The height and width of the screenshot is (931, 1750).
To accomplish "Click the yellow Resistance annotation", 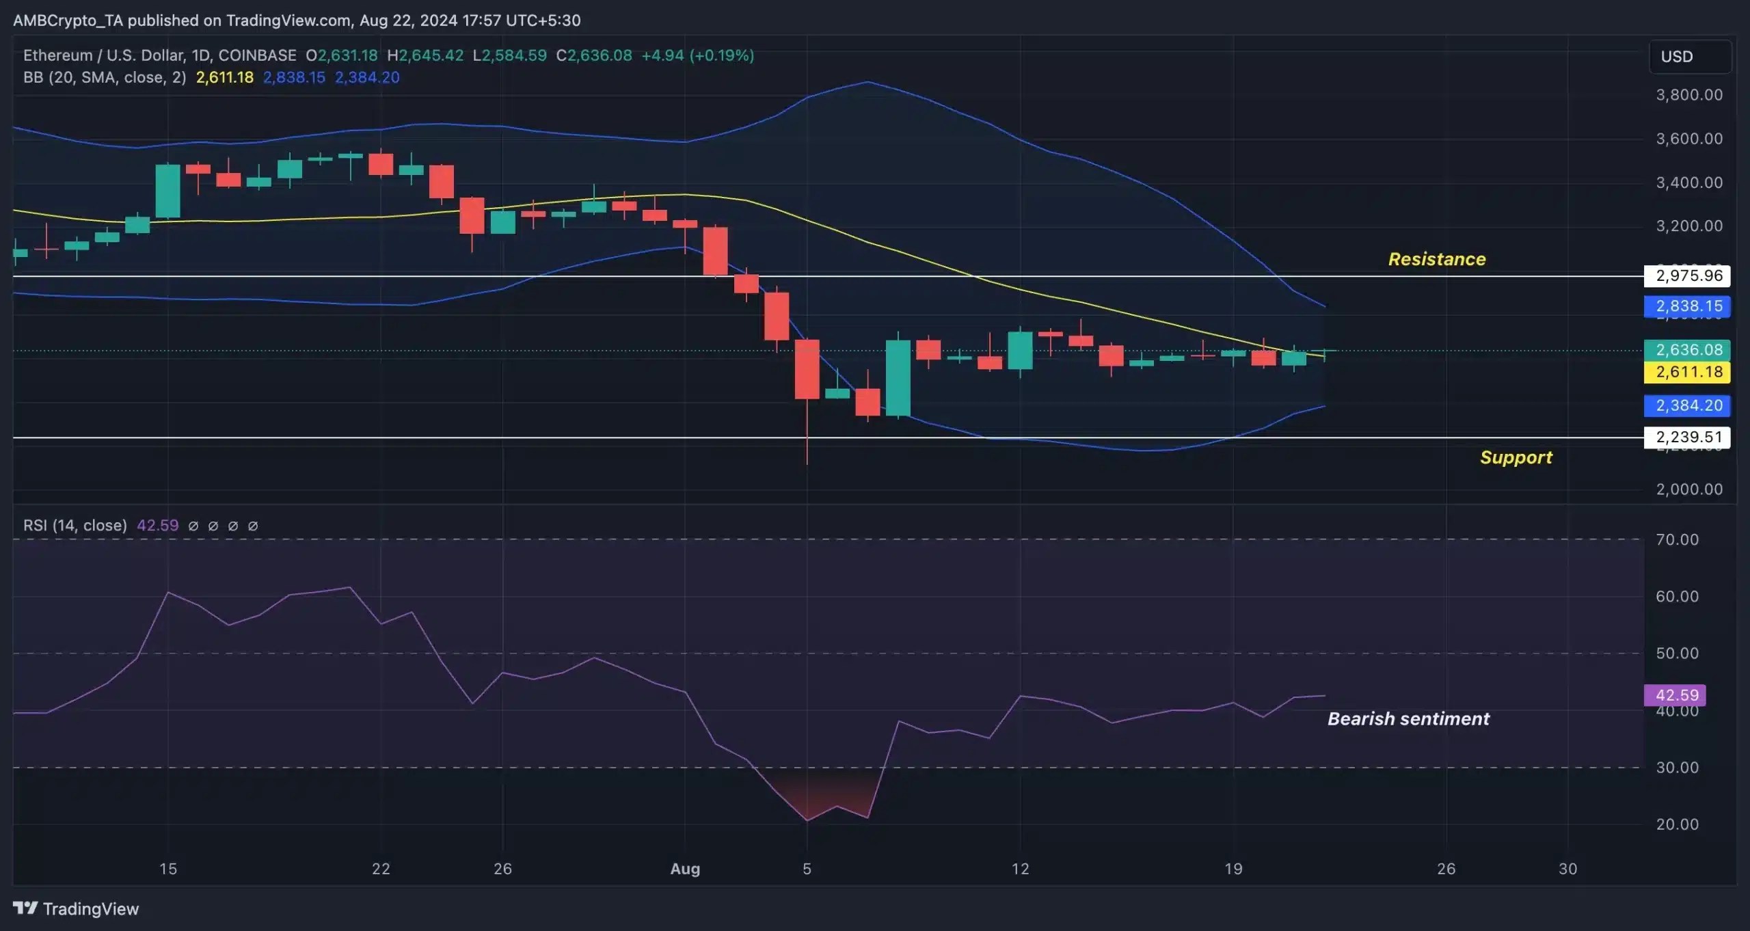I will click(x=1436, y=259).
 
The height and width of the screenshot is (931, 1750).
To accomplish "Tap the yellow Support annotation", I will click(x=1516, y=457).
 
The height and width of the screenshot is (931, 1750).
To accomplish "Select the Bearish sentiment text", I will click(x=1408, y=718).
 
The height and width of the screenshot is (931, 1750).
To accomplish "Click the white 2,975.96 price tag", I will click(x=1686, y=275).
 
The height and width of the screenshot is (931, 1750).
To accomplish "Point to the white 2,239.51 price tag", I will click(x=1686, y=437).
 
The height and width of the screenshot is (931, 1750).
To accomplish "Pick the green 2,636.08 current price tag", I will click(x=1686, y=350).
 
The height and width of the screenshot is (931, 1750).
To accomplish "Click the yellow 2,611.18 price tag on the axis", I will click(x=1686, y=372).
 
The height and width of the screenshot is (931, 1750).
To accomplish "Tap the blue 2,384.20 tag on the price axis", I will click(x=1686, y=405).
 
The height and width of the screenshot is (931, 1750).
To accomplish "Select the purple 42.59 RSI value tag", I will click(x=1675, y=695).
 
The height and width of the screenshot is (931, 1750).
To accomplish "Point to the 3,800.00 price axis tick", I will click(x=1688, y=95).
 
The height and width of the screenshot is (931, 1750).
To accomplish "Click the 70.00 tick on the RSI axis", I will click(x=1677, y=540).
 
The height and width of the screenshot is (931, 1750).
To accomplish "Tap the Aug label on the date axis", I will click(x=685, y=869).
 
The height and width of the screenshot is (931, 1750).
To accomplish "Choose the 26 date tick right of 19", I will click(x=1446, y=869).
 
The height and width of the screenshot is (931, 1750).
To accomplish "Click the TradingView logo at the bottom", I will click(x=76, y=908).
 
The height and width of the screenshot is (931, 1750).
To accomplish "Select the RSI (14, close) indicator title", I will click(x=75, y=526).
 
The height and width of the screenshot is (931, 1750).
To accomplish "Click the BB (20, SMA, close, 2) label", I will click(x=105, y=77).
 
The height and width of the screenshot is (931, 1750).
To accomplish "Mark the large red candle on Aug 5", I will click(x=807, y=369).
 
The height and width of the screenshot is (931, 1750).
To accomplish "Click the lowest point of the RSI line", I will click(x=807, y=820).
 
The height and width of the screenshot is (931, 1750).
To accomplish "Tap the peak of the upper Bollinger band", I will click(x=867, y=82).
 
